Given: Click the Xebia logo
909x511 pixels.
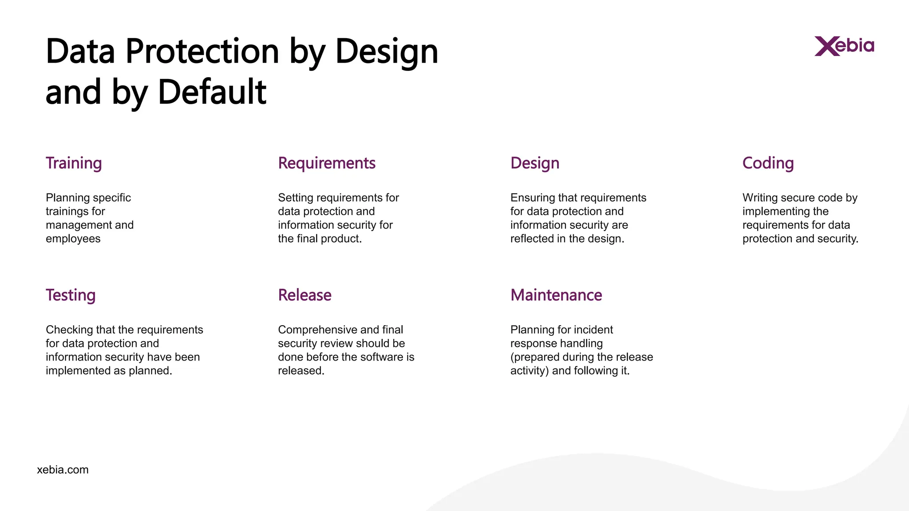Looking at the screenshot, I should pyautogui.click(x=844, y=46).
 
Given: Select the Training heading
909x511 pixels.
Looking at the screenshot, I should pyautogui.click(x=74, y=163).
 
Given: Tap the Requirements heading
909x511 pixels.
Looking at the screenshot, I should pyautogui.click(x=327, y=163).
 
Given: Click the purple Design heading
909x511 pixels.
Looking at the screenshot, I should pyautogui.click(x=535, y=163).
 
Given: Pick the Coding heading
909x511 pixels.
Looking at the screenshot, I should pyautogui.click(x=768, y=163).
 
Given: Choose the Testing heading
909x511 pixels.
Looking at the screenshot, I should pyautogui.click(x=71, y=295).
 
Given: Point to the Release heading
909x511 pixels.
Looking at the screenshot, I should pyautogui.click(x=304, y=295).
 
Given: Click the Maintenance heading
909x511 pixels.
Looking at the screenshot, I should pyautogui.click(x=556, y=295).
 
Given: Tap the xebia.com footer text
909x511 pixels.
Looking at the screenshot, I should pyautogui.click(x=63, y=470).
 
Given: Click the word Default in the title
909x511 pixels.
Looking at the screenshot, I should pyautogui.click(x=212, y=92).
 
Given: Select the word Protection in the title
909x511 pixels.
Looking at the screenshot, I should pyautogui.click(x=202, y=51).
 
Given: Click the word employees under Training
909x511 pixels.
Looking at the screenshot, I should pyautogui.click(x=73, y=239).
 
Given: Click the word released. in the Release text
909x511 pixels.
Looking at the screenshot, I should pyautogui.click(x=301, y=371).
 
